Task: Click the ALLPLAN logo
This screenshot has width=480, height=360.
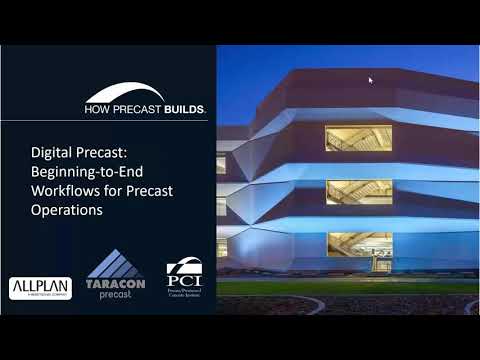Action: tap(40, 288)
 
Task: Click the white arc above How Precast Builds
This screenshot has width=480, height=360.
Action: tap(126, 92)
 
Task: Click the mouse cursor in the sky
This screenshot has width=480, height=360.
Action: tap(371, 80)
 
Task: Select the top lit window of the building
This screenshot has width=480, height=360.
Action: tap(358, 138)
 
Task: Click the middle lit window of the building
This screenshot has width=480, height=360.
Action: tap(358, 191)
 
